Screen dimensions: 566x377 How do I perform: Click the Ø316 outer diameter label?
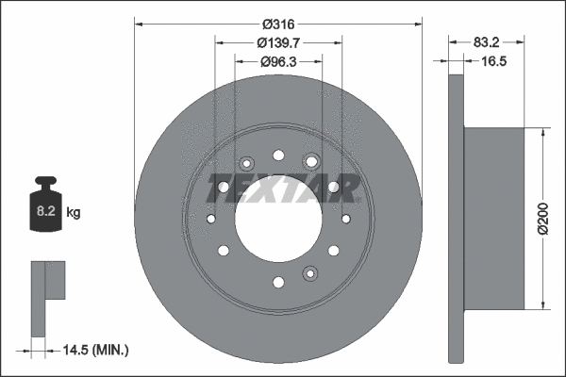tap(278, 25)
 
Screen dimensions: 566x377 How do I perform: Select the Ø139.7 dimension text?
tap(278, 43)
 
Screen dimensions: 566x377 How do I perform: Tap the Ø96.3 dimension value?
tap(278, 62)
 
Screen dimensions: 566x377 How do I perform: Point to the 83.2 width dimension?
tap(486, 42)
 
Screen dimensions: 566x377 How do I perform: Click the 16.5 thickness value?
tap(493, 61)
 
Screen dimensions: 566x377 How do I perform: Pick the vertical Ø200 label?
tap(542, 219)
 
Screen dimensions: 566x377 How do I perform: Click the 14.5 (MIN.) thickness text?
tap(95, 350)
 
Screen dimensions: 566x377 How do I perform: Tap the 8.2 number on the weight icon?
tap(46, 211)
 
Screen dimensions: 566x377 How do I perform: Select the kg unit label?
tap(74, 212)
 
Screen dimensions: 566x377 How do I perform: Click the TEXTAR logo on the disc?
tap(283, 188)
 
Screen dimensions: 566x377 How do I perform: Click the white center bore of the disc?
tap(278, 219)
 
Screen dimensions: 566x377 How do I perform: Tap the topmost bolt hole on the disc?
tap(278, 156)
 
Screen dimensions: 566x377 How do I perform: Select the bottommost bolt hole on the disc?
tap(278, 282)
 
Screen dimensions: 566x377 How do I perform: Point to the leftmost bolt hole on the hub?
tap(211, 219)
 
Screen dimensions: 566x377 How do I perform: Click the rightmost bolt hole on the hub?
tap(346, 219)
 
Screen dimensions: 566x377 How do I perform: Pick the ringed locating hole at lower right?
tap(310, 273)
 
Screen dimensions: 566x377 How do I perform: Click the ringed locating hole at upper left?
tap(246, 164)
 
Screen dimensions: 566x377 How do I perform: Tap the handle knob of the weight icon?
tap(46, 180)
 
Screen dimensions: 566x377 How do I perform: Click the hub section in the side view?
tap(493, 219)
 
